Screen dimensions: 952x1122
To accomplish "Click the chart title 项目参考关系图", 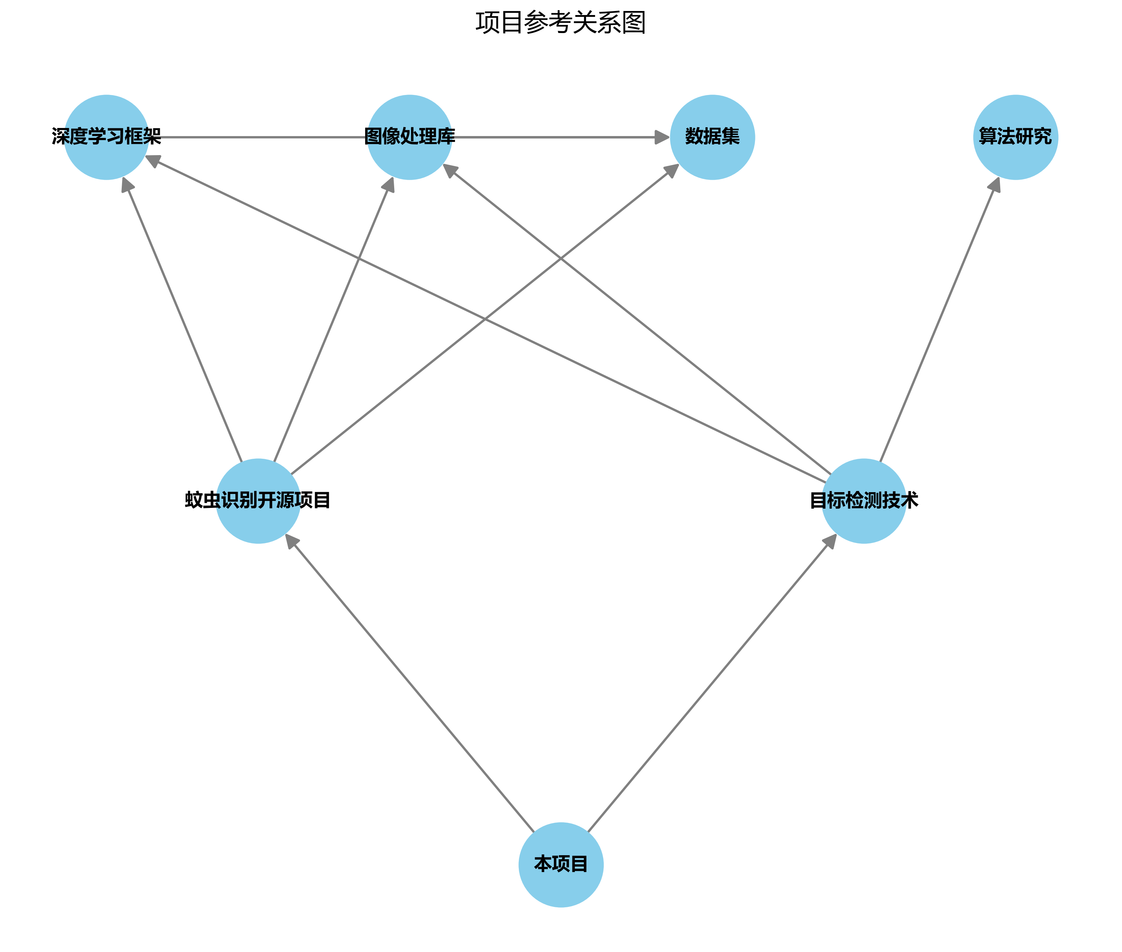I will (x=560, y=23).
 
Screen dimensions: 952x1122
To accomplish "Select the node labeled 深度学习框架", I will (x=106, y=137).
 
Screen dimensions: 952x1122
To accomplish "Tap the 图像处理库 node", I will (x=410, y=137).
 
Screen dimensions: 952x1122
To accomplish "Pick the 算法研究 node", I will (x=1015, y=137).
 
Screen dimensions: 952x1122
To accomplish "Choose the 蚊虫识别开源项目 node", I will (x=258, y=501).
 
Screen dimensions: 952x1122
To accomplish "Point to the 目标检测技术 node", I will (x=863, y=501).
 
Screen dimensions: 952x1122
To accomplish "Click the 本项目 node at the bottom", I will (x=561, y=864).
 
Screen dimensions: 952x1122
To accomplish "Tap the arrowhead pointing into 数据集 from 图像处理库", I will (x=662, y=137).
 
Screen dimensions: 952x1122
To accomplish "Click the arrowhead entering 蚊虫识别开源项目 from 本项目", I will (x=291, y=541).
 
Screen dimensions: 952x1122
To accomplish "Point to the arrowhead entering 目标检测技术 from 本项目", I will (x=830, y=541).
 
